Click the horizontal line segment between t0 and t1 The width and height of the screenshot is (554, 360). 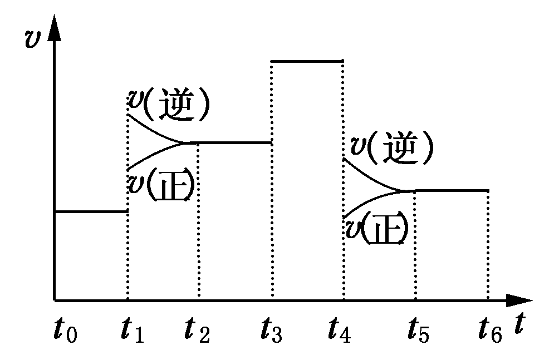[91, 211]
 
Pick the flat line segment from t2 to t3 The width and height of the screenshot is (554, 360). [234, 142]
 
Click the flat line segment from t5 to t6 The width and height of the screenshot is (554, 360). [451, 190]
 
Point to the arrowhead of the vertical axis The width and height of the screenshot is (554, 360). [54, 31]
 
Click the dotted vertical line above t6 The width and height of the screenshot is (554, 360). [488, 245]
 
